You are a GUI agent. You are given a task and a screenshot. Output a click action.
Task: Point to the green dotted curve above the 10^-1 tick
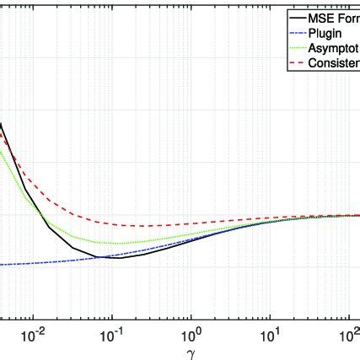pos(112,244)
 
